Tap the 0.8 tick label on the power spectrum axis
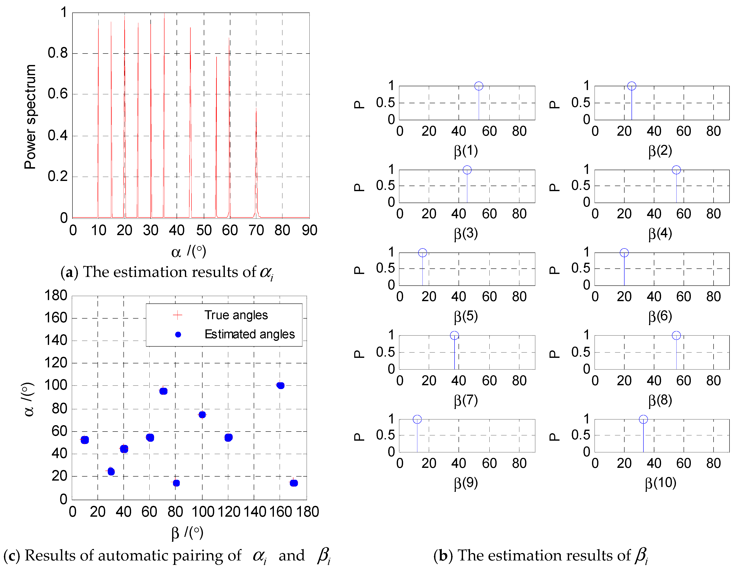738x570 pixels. tap(57, 53)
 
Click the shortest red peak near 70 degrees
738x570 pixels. tap(256, 111)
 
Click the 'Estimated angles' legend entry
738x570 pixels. tap(249, 334)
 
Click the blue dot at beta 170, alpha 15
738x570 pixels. tap(294, 483)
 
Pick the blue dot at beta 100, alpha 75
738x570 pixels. tap(202, 415)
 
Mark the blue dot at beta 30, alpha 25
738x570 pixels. tap(111, 471)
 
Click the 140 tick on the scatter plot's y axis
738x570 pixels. tap(56, 340)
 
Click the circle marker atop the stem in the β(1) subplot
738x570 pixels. tap(479, 86)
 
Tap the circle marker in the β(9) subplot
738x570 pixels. tap(417, 419)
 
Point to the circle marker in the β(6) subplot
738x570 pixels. tap(624, 253)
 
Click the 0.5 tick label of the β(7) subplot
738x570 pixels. tap(385, 352)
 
